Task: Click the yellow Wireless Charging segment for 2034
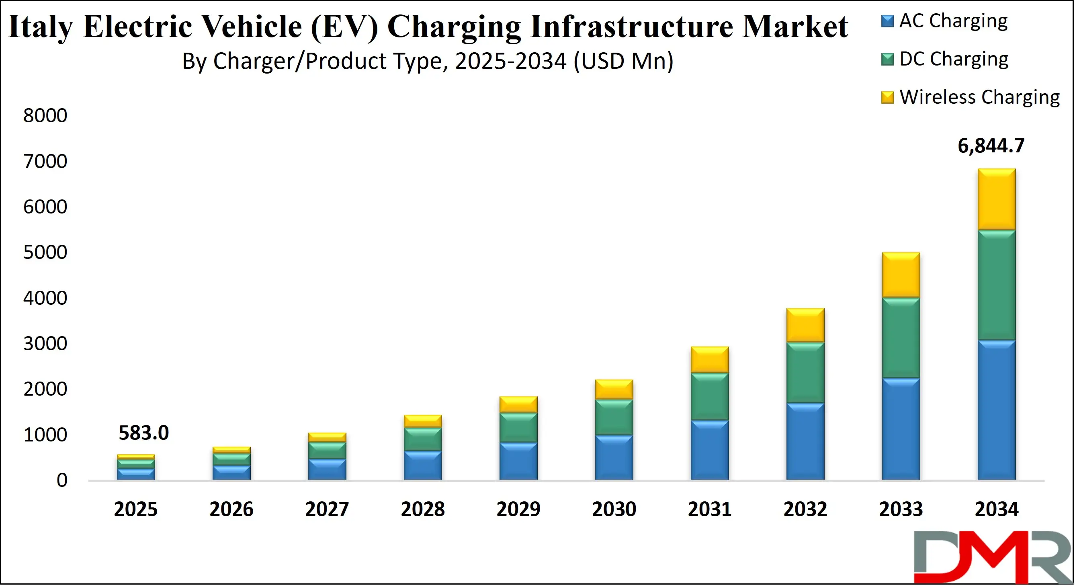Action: (997, 199)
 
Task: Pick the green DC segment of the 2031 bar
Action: (709, 396)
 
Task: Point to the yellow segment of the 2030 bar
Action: (614, 389)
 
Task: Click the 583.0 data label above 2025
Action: (143, 433)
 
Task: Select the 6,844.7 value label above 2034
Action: (991, 145)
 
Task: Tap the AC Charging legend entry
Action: (953, 21)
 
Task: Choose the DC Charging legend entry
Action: (954, 59)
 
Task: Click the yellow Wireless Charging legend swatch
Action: (887, 97)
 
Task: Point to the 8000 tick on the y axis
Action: (45, 115)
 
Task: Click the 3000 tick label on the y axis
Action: (45, 343)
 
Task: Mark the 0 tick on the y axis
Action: (62, 480)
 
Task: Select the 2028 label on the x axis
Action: (423, 509)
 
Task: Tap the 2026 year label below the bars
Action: (231, 509)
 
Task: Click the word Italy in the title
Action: (40, 27)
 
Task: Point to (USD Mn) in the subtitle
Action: (623, 61)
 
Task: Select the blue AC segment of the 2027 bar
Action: (327, 469)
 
